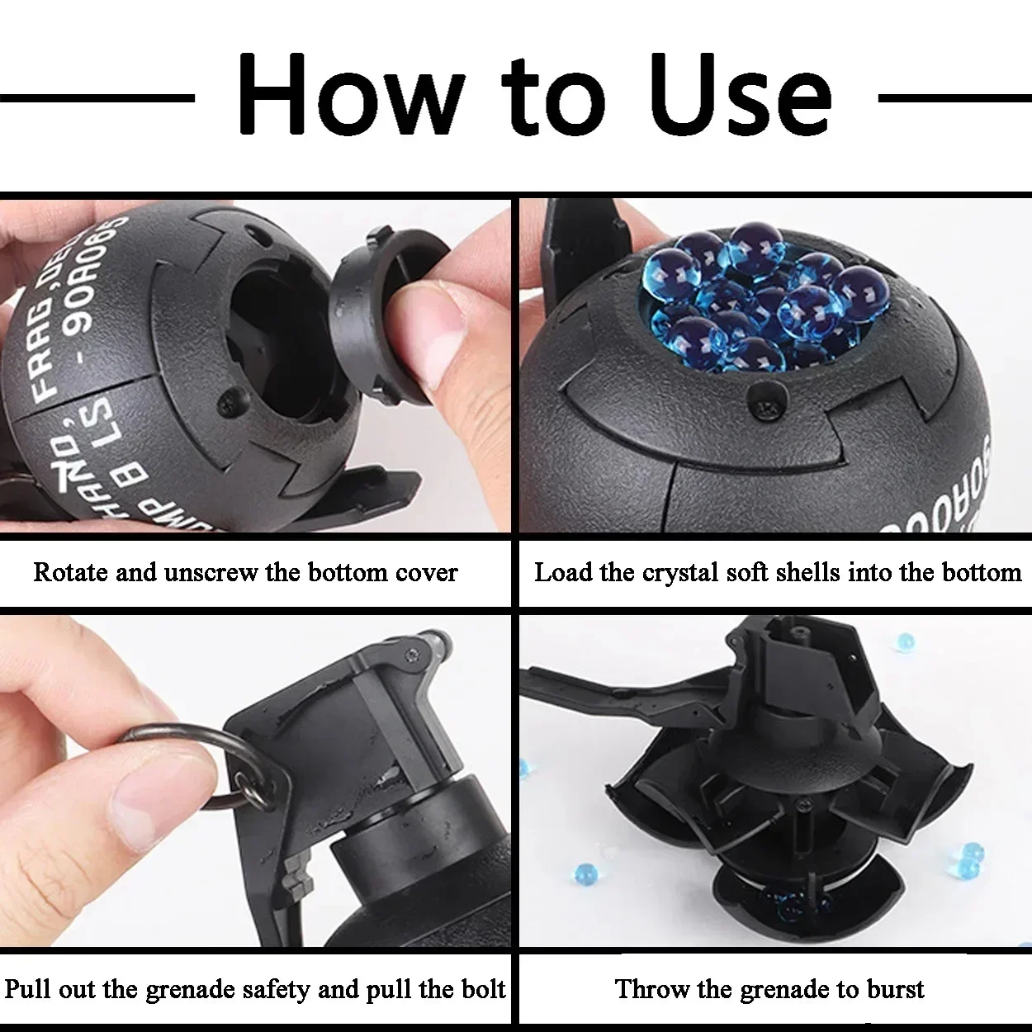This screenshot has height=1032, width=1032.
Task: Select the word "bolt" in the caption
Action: [x=482, y=989]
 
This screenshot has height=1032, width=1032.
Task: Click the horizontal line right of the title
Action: [x=954, y=98]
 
